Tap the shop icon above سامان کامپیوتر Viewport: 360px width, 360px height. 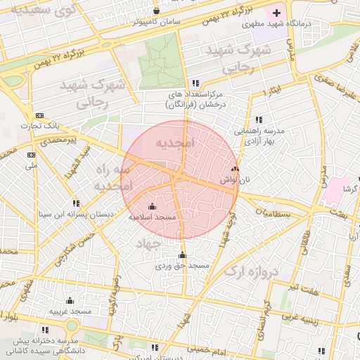pos(156,11)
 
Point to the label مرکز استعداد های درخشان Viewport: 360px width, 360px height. pos(195,98)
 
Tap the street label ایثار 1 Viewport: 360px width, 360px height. pos(271,93)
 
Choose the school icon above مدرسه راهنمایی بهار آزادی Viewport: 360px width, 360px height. pos(259,120)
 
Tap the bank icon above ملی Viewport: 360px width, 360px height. pos(30,155)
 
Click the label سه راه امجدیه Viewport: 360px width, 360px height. pos(114,178)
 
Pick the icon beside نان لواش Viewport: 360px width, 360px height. pos(234,169)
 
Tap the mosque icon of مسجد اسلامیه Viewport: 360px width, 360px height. pos(152,206)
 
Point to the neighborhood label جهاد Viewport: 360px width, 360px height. pos(149,243)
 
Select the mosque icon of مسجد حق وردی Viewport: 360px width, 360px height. pos(183,255)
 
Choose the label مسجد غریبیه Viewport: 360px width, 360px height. pos(70,311)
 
